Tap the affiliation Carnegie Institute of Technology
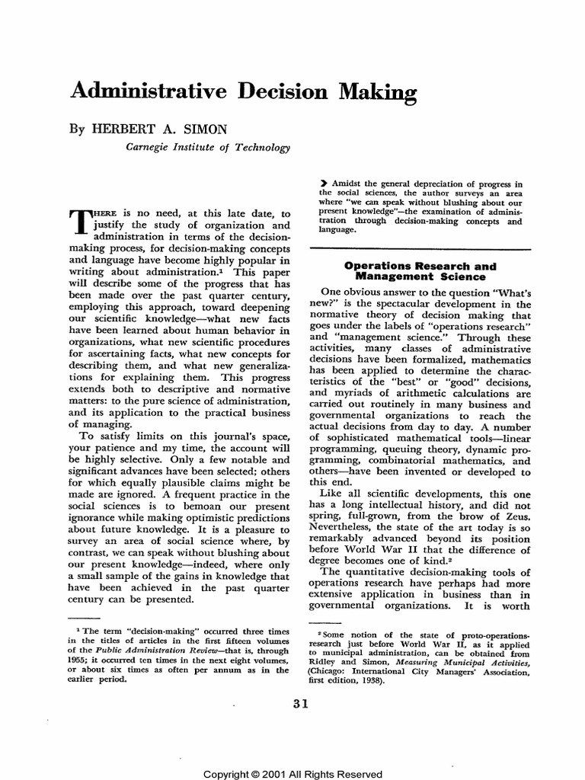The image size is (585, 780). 208,147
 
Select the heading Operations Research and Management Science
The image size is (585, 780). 420,272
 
